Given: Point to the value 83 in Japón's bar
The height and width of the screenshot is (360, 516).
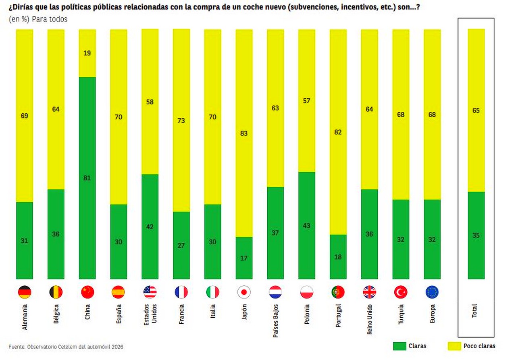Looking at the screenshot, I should tap(244, 133).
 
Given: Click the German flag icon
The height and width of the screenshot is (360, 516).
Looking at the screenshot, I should tap(25, 292).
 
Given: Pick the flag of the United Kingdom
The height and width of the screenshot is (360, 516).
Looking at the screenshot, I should tap(369, 292).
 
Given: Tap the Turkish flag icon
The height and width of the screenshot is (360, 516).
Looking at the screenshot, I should tap(401, 292).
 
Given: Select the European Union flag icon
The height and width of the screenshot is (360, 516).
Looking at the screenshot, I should tap(432, 292).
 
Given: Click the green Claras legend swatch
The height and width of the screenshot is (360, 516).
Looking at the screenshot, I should tap(399, 346).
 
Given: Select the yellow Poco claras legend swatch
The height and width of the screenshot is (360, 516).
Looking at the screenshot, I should tap(454, 346).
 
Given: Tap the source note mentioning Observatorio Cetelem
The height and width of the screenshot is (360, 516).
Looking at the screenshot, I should tap(66, 346).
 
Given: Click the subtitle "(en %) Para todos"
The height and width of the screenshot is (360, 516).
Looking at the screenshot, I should tap(38, 19).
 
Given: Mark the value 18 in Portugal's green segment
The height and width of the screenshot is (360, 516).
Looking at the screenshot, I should tap(338, 257).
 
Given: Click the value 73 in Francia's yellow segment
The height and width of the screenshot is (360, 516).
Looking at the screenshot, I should tap(181, 120).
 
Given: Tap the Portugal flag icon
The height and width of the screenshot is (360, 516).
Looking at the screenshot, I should tap(338, 292).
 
